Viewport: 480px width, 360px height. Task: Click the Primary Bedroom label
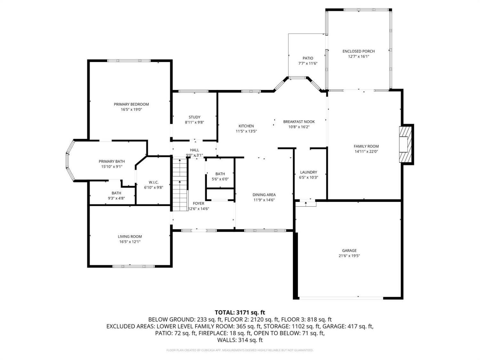coord(131,104)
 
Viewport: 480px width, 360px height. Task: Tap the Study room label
coord(194,117)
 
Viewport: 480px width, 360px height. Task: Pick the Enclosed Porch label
coord(358,51)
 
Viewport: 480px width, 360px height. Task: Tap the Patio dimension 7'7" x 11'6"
coord(308,63)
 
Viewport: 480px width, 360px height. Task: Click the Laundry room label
coord(308,172)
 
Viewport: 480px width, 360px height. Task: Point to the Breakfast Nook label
coord(299,122)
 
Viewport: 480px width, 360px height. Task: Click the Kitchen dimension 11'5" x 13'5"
coord(246,131)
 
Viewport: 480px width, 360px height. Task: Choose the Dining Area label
coord(264,195)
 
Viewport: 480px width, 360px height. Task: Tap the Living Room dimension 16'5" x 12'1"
coord(130,242)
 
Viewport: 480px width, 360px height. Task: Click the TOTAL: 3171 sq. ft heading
coord(240,312)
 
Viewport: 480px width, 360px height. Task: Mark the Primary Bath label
coord(112,161)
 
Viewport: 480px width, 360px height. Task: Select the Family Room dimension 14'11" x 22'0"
coord(366,152)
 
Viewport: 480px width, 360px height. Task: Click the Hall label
coord(194,150)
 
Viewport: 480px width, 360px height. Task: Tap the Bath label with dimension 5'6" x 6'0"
coord(220,174)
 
